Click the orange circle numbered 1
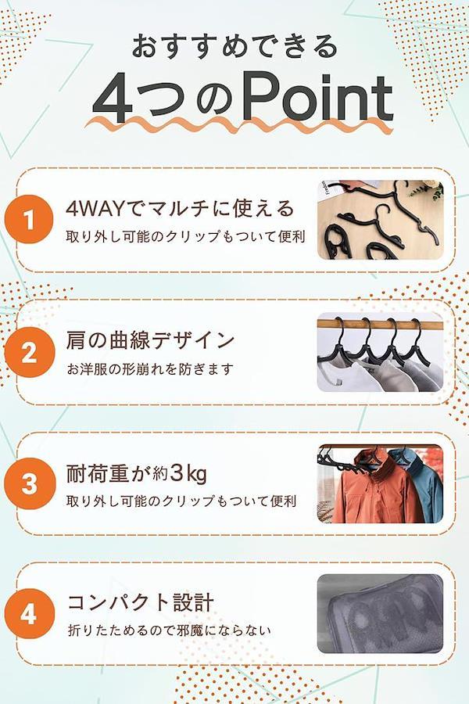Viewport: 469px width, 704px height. (29, 219)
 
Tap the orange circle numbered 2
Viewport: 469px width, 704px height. (29, 352)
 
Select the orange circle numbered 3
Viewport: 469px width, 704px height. (29, 484)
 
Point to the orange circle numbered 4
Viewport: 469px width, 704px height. (29, 614)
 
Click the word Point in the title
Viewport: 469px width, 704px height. (318, 99)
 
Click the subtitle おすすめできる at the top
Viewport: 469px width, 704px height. (234, 46)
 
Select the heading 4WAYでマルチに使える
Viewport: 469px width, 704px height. (180, 208)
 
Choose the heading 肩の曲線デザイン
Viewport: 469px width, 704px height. (150, 340)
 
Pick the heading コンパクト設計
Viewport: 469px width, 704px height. (141, 602)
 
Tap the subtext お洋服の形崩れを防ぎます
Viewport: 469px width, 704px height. (150, 369)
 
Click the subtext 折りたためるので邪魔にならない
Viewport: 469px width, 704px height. (169, 630)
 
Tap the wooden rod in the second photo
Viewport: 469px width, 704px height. (380, 323)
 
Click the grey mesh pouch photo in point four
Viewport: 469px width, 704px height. (380, 614)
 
